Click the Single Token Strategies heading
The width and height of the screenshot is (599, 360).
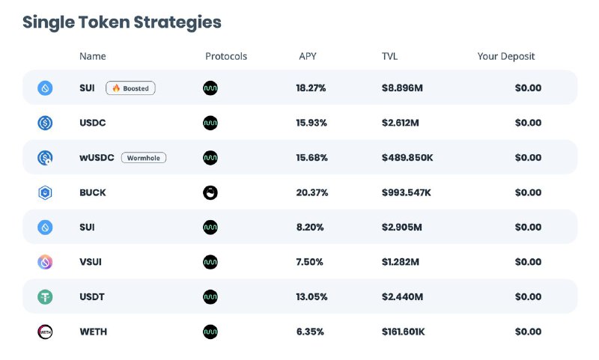pos(122,22)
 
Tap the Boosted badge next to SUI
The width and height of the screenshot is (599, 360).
pos(130,88)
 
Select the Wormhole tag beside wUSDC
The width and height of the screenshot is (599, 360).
pos(144,157)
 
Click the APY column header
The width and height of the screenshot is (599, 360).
pos(307,56)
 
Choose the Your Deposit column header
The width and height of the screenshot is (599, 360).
pos(506,56)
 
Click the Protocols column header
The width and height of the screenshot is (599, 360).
pos(225,56)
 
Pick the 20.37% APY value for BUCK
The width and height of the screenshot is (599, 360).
pos(311,192)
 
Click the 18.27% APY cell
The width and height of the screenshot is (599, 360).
pos(311,88)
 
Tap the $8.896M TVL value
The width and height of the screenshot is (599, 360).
pos(402,88)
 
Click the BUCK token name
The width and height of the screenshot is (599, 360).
pos(93,192)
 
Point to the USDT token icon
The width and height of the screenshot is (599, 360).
pos(45,297)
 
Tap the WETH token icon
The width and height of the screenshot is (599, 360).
pos(45,332)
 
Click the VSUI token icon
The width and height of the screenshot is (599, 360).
pos(45,262)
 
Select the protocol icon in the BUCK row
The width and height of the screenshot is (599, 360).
pos(210,192)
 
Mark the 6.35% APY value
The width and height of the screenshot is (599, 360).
pos(310,332)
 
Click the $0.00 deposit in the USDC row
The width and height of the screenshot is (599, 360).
pos(528,123)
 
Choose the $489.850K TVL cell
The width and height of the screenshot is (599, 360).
pos(407,157)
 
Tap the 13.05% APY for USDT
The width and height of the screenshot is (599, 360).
pos(311,297)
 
